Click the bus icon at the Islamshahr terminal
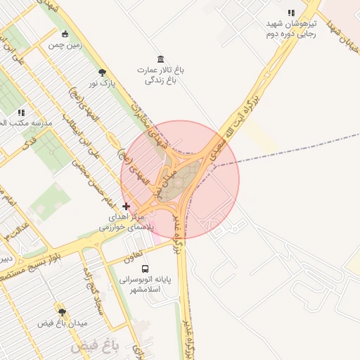coord(146,269)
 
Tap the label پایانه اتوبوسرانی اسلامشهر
coord(145,284)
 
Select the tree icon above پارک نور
coord(103,72)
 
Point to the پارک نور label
coord(101,84)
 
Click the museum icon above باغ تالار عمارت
coord(161,58)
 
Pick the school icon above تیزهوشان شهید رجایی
coord(291,13)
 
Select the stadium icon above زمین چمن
coord(65,34)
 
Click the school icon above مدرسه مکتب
coord(22,112)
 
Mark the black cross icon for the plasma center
coord(126,206)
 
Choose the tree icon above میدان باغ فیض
coord(62,311)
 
